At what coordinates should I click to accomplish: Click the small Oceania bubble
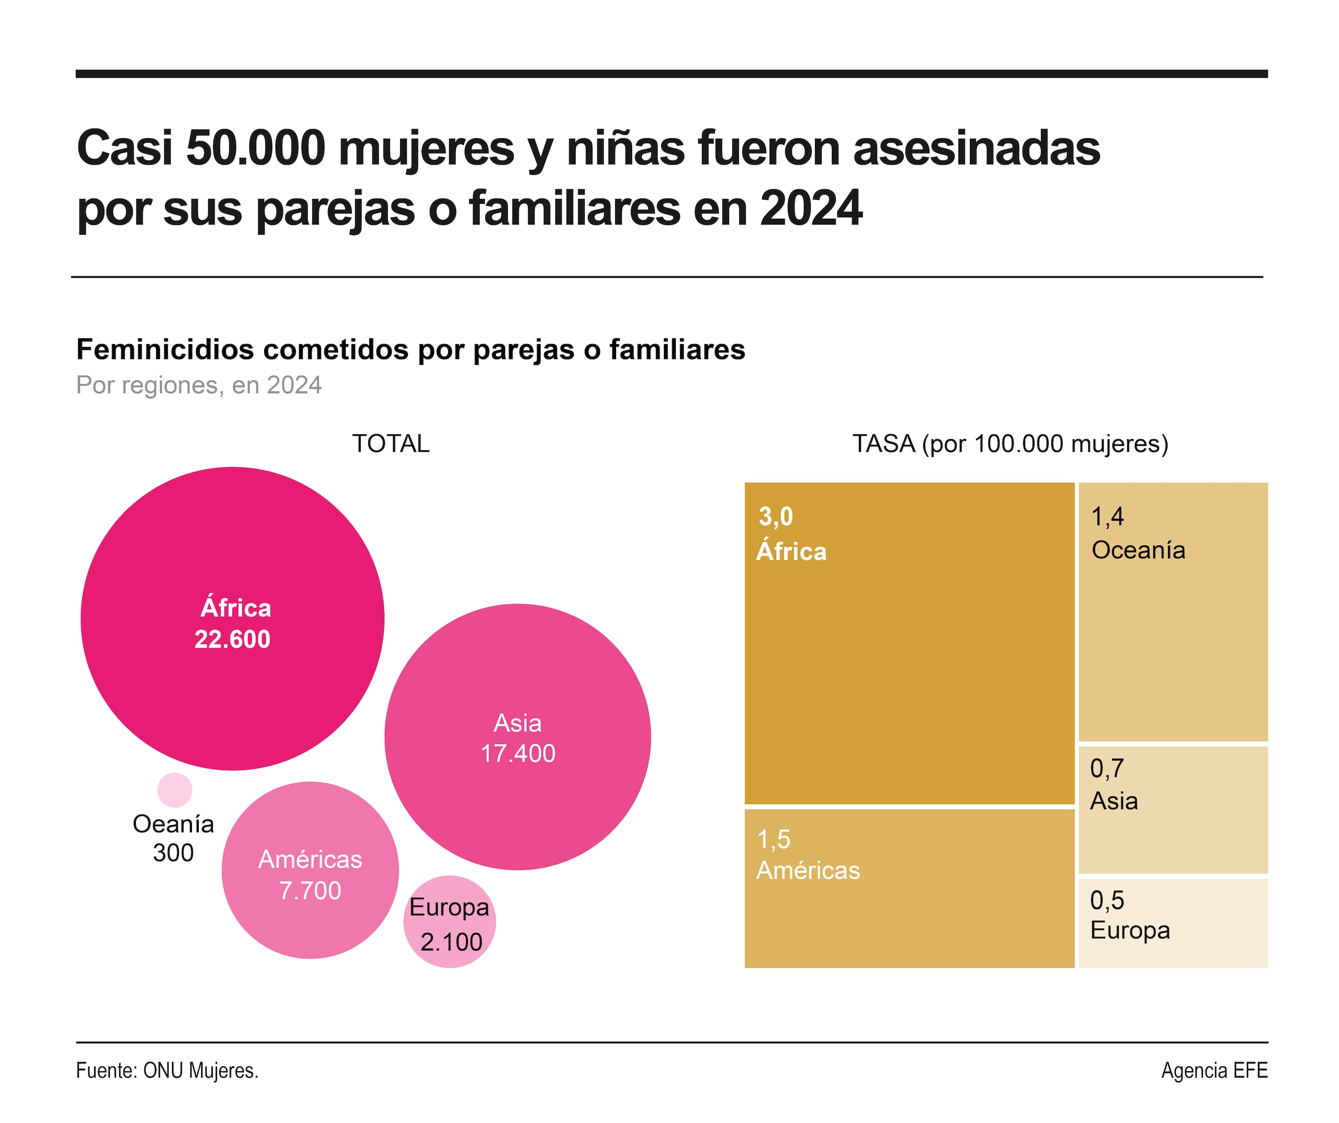click(x=175, y=789)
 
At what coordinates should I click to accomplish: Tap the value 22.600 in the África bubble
click(x=232, y=639)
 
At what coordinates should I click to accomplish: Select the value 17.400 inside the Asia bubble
click(x=517, y=753)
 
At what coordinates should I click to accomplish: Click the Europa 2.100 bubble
click(x=449, y=923)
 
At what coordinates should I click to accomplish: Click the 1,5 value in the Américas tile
click(x=774, y=840)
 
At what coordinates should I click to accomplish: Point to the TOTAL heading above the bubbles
click(x=391, y=443)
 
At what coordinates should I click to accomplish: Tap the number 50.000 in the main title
click(x=256, y=148)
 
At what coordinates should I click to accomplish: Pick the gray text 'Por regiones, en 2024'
click(x=198, y=385)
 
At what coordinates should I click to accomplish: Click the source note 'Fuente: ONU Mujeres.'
click(x=167, y=1070)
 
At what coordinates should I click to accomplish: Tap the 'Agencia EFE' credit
click(x=1214, y=1070)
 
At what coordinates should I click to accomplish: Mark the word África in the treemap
click(x=791, y=551)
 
